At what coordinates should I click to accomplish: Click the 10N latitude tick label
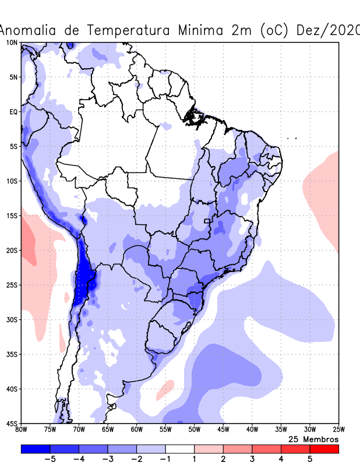point(12,43)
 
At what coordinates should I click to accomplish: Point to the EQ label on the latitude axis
point(13,112)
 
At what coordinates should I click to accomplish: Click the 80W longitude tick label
point(21,430)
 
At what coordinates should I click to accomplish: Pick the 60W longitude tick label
point(136,430)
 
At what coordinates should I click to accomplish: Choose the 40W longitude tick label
point(252,430)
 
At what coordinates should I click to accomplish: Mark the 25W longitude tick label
point(338,430)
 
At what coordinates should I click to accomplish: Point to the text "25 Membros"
point(313,439)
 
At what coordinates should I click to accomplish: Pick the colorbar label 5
point(310,460)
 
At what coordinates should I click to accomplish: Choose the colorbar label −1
point(165,460)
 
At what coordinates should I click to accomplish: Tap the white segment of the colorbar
point(180,449)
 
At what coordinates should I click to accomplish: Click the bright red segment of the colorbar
point(324,449)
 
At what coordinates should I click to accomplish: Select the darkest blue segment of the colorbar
point(36,449)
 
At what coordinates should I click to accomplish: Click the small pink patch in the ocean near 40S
point(165,389)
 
